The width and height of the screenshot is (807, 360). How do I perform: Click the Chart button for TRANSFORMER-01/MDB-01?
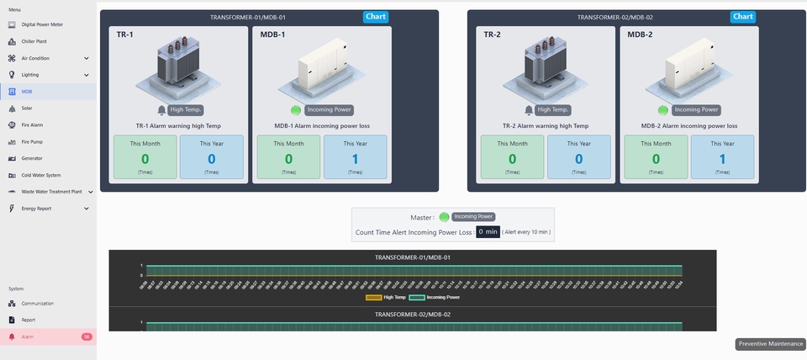click(x=376, y=17)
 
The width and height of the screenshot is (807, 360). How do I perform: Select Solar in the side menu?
click(x=27, y=109)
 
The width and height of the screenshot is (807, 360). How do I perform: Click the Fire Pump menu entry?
click(x=32, y=141)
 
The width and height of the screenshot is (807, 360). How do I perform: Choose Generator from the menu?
click(x=32, y=158)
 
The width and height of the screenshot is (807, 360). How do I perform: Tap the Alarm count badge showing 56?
click(x=87, y=336)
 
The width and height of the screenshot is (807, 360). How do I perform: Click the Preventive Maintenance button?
click(x=770, y=343)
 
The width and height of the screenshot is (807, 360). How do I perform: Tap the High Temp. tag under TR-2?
click(x=553, y=109)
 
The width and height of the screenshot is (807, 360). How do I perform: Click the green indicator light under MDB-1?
click(x=296, y=109)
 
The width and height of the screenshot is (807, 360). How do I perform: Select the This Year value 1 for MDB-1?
click(x=355, y=159)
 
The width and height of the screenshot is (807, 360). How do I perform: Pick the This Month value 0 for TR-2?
click(x=512, y=159)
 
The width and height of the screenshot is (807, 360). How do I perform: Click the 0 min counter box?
click(x=488, y=231)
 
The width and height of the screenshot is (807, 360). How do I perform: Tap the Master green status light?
click(x=444, y=217)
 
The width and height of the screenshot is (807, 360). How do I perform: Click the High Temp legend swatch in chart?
click(x=373, y=297)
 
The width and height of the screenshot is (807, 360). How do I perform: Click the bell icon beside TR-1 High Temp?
click(x=161, y=109)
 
